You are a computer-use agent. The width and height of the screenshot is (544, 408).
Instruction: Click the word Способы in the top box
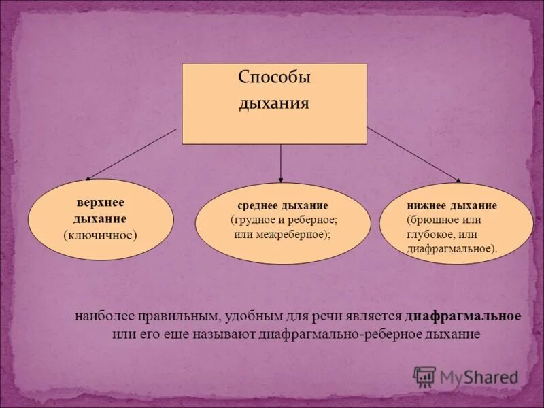point(274,77)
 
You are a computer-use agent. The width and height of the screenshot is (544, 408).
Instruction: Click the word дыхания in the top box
point(274,104)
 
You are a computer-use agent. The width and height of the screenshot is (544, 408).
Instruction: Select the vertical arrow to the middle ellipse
point(281,163)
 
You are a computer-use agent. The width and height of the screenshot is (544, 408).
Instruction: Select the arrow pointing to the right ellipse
point(413,154)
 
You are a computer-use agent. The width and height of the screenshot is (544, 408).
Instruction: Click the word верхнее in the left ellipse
point(100,203)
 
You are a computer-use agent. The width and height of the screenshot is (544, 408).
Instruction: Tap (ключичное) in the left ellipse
point(100,235)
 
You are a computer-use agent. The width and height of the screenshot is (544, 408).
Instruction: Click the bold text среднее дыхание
point(282,205)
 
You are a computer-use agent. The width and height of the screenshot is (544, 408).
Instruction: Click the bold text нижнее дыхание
point(452,205)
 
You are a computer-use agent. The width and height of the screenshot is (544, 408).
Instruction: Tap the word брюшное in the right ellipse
point(432,220)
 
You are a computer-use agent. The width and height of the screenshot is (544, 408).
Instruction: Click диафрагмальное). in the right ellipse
point(452,248)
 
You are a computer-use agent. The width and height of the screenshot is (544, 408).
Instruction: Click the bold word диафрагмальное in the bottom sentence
point(463,317)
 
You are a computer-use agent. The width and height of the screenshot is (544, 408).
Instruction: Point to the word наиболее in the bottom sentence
point(103,317)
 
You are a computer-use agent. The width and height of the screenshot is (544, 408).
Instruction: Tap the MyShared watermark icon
point(425,376)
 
